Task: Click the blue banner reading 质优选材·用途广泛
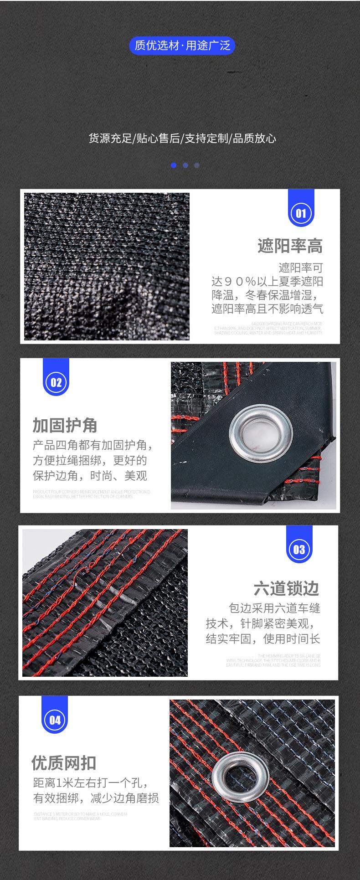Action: click(182, 46)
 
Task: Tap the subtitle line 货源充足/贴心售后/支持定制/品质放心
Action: click(182, 139)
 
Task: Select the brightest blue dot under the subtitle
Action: click(174, 165)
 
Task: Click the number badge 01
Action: click(301, 213)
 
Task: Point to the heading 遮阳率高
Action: click(290, 246)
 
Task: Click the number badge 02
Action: click(56, 382)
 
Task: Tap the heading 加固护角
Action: click(65, 425)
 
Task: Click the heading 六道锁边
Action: click(287, 588)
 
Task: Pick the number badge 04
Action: click(55, 720)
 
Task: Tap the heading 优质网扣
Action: click(64, 762)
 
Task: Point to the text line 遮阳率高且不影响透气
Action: click(267, 309)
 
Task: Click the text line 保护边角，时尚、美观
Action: click(90, 476)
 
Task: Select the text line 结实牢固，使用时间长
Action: click(263, 639)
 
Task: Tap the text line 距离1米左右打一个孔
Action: click(90, 783)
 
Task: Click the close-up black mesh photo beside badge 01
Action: click(107, 266)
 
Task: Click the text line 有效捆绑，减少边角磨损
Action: click(96, 798)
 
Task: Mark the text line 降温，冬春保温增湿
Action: click(267, 294)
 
